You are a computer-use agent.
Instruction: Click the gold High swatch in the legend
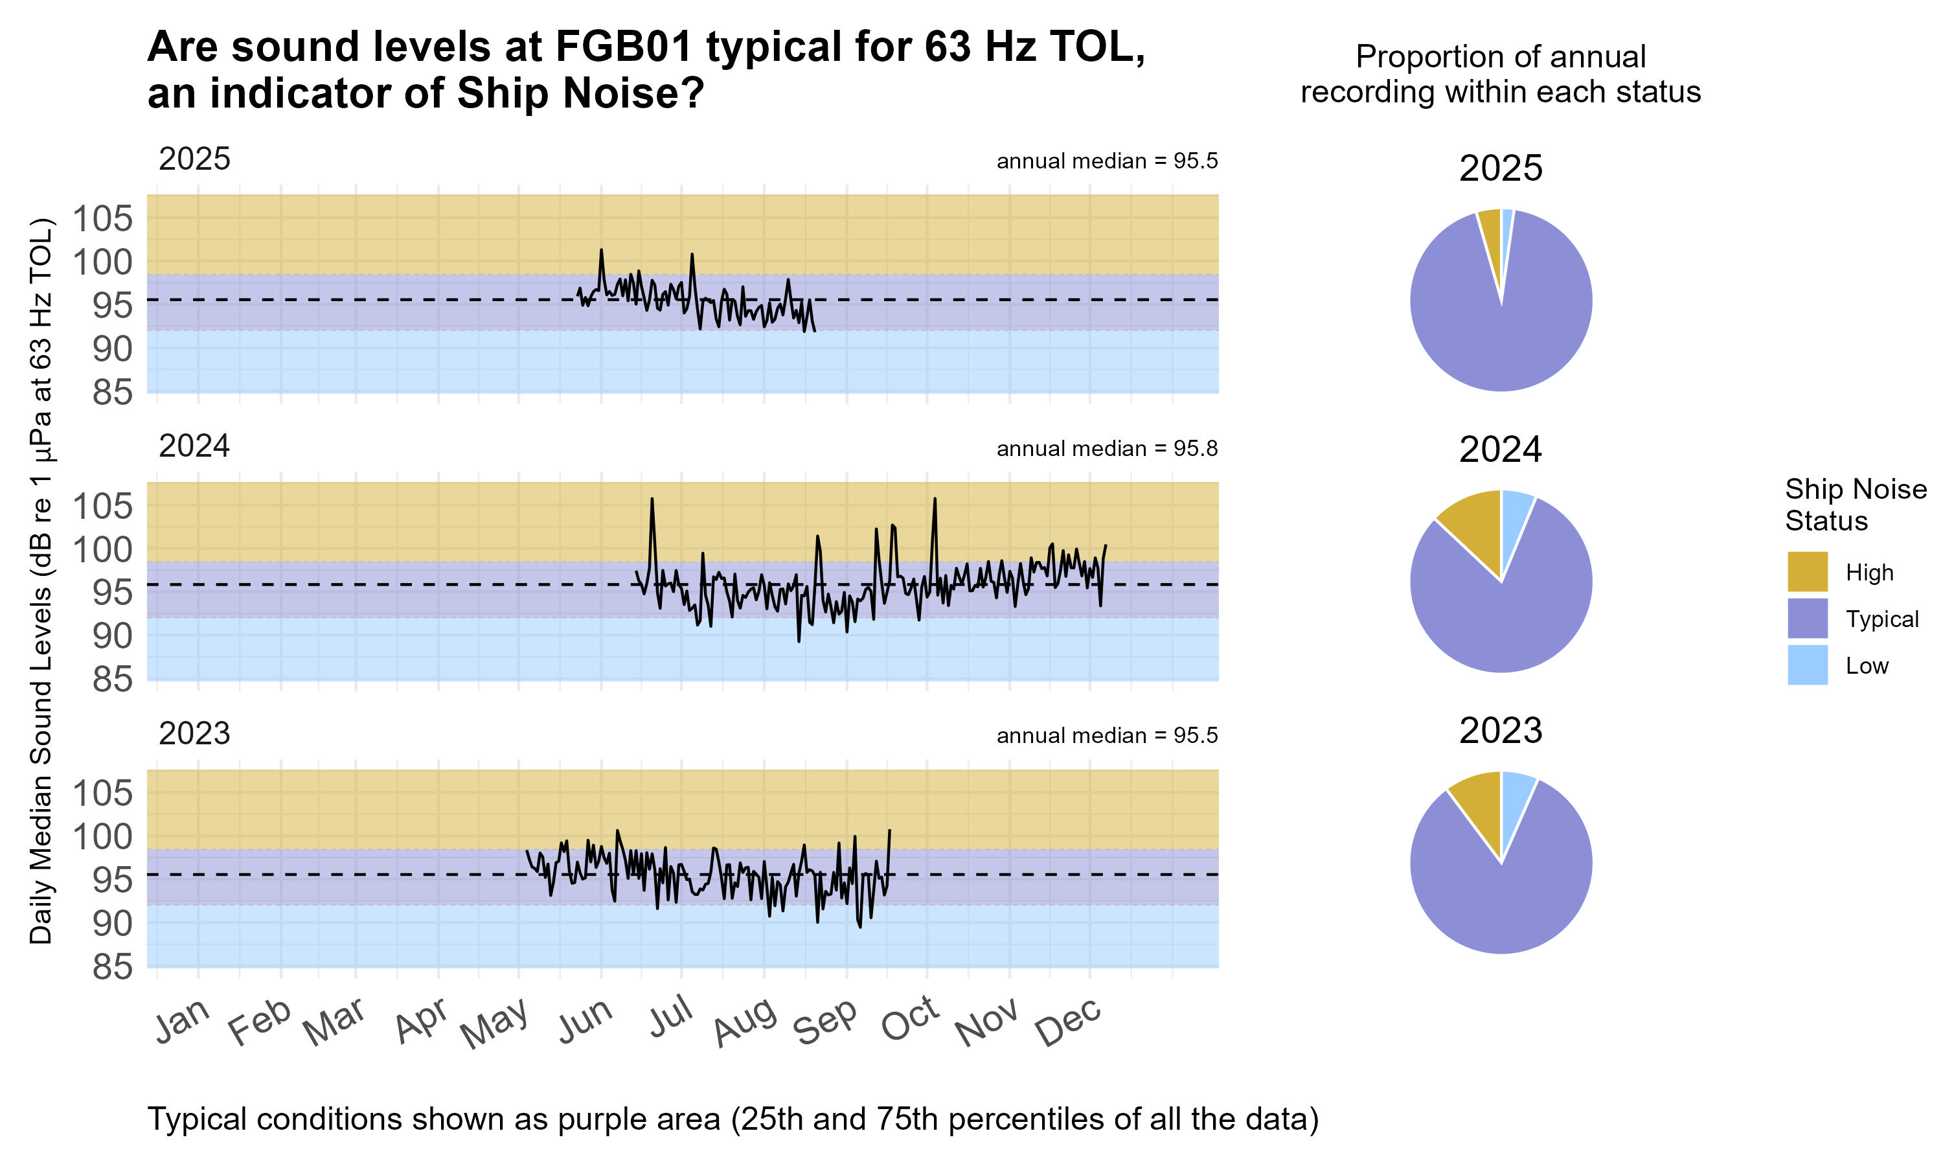(x=1806, y=571)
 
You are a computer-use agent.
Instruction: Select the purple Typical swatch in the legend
(x=1806, y=619)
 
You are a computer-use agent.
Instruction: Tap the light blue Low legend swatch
(x=1806, y=665)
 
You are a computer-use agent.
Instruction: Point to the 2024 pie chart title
(x=1500, y=450)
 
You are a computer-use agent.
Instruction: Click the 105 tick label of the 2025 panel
(x=103, y=218)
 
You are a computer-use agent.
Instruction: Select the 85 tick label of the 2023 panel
(x=112, y=966)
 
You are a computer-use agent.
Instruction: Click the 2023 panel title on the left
(x=194, y=733)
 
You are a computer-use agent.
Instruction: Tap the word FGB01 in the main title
(x=624, y=47)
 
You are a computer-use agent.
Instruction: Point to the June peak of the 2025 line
(x=601, y=251)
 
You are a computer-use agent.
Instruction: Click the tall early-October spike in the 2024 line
(x=935, y=499)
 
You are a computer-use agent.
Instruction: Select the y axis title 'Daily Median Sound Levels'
(x=41, y=582)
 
